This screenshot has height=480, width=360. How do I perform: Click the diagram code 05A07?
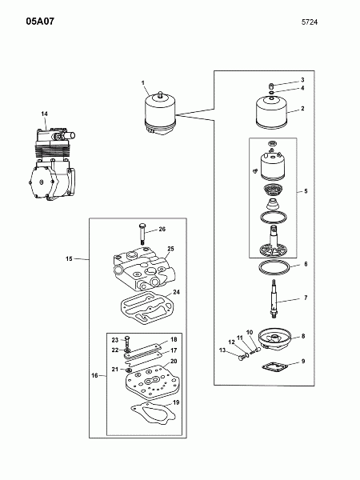tap(40, 22)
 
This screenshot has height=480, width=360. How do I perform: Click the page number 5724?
tap(310, 22)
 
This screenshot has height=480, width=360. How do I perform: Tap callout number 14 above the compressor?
tap(44, 114)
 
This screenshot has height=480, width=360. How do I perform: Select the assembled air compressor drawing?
tap(52, 164)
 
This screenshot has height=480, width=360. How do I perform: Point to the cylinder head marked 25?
tap(144, 269)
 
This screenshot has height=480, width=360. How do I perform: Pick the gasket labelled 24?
tap(146, 310)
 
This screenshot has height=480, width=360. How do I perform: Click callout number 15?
tap(69, 258)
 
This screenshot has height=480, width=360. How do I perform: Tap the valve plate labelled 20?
tap(153, 383)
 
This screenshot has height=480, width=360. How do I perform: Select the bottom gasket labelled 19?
tap(153, 414)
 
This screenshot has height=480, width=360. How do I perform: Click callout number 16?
tap(94, 375)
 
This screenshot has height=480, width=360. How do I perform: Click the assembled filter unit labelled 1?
tap(160, 114)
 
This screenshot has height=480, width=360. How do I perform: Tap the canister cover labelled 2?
tap(272, 112)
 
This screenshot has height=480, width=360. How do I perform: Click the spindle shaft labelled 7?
tap(274, 299)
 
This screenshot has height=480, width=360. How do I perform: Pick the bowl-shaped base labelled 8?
tap(274, 339)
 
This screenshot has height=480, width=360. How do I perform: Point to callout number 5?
tap(306, 191)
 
